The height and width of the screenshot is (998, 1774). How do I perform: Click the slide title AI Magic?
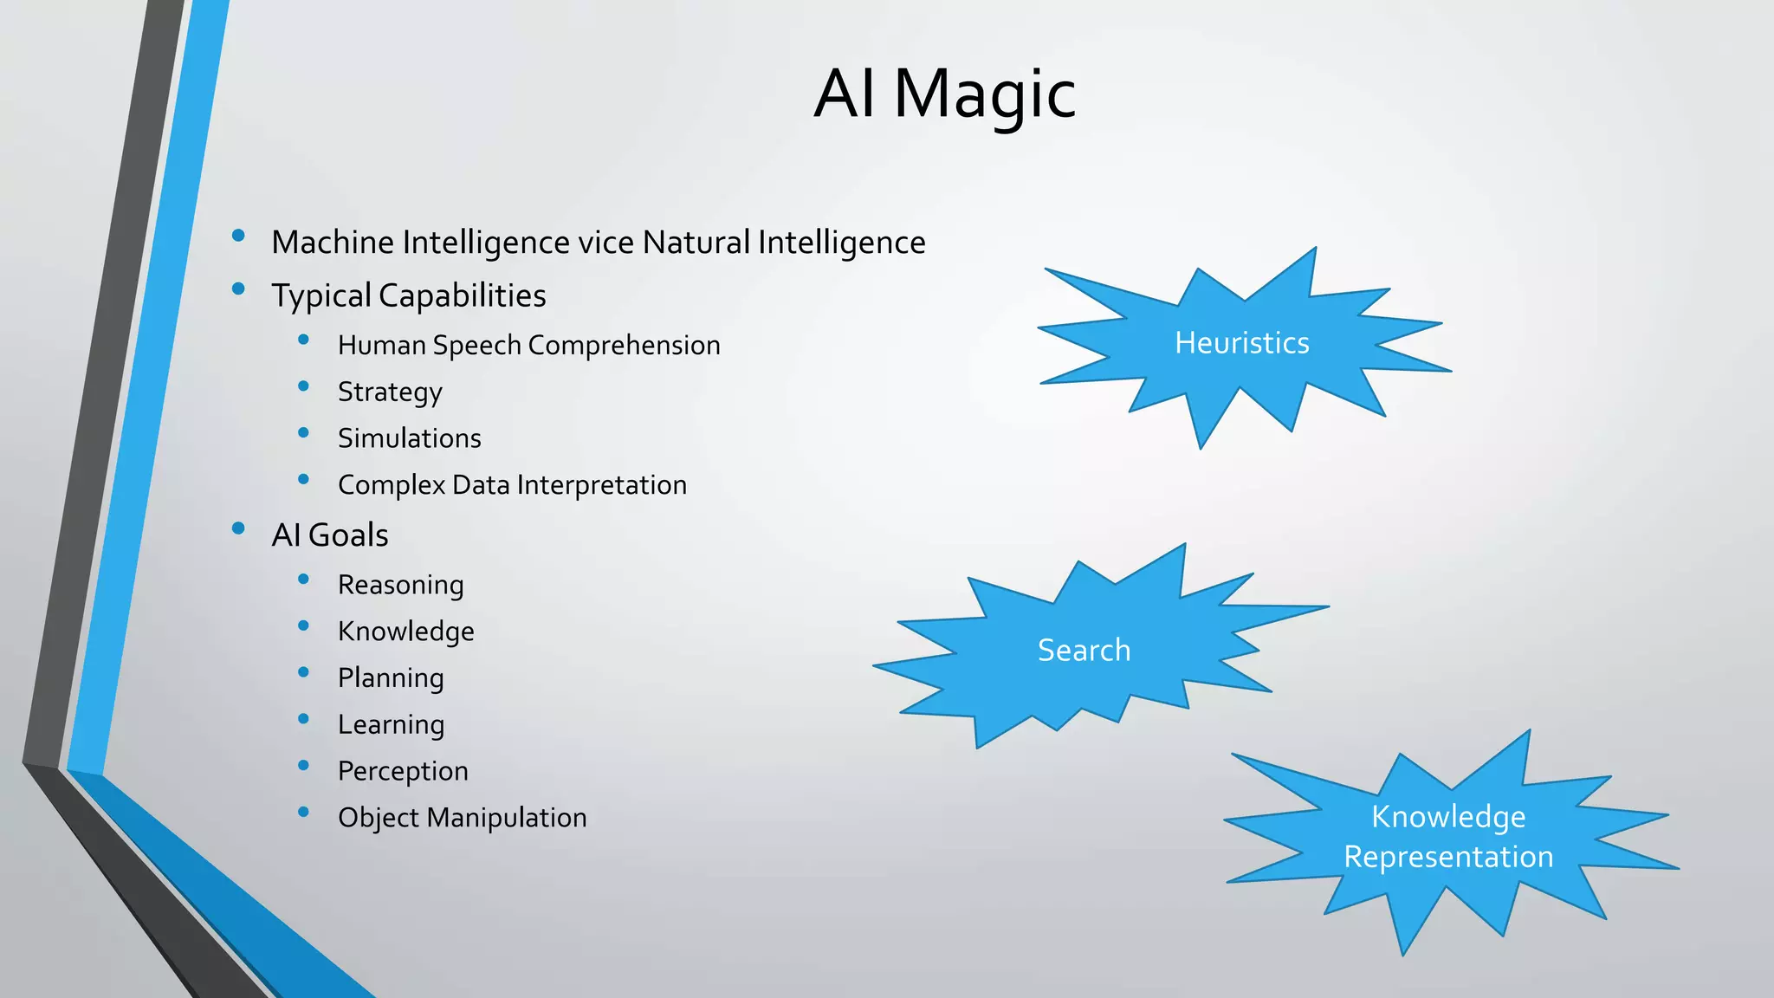pos(944,94)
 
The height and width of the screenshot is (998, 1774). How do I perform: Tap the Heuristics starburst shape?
pos(1241,344)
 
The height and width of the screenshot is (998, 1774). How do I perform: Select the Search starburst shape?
pos(1084,651)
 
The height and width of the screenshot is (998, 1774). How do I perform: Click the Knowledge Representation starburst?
pos(1448,837)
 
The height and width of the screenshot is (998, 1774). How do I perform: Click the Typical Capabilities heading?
pos(408,296)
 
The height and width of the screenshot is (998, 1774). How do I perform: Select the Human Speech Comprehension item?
pos(528,346)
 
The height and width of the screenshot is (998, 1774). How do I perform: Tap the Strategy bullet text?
pos(390,392)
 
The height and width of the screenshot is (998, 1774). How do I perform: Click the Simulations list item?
pos(409,438)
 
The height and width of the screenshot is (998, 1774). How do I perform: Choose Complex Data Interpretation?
pos(512,485)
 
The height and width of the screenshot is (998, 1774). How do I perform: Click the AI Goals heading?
pos(329,535)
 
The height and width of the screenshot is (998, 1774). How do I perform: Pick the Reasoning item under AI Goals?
pos(400,586)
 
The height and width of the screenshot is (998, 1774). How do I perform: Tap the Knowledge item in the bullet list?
pos(405,632)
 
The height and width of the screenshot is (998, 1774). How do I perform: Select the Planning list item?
pos(390,678)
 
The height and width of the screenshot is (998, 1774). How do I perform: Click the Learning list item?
pos(391,725)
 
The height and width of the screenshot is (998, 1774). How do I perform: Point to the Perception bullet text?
pos(403,771)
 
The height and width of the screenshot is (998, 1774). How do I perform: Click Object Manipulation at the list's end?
pos(462,818)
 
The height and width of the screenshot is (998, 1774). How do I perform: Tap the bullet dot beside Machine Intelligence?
pos(238,235)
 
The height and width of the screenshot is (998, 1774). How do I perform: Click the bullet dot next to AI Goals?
pos(238,528)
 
